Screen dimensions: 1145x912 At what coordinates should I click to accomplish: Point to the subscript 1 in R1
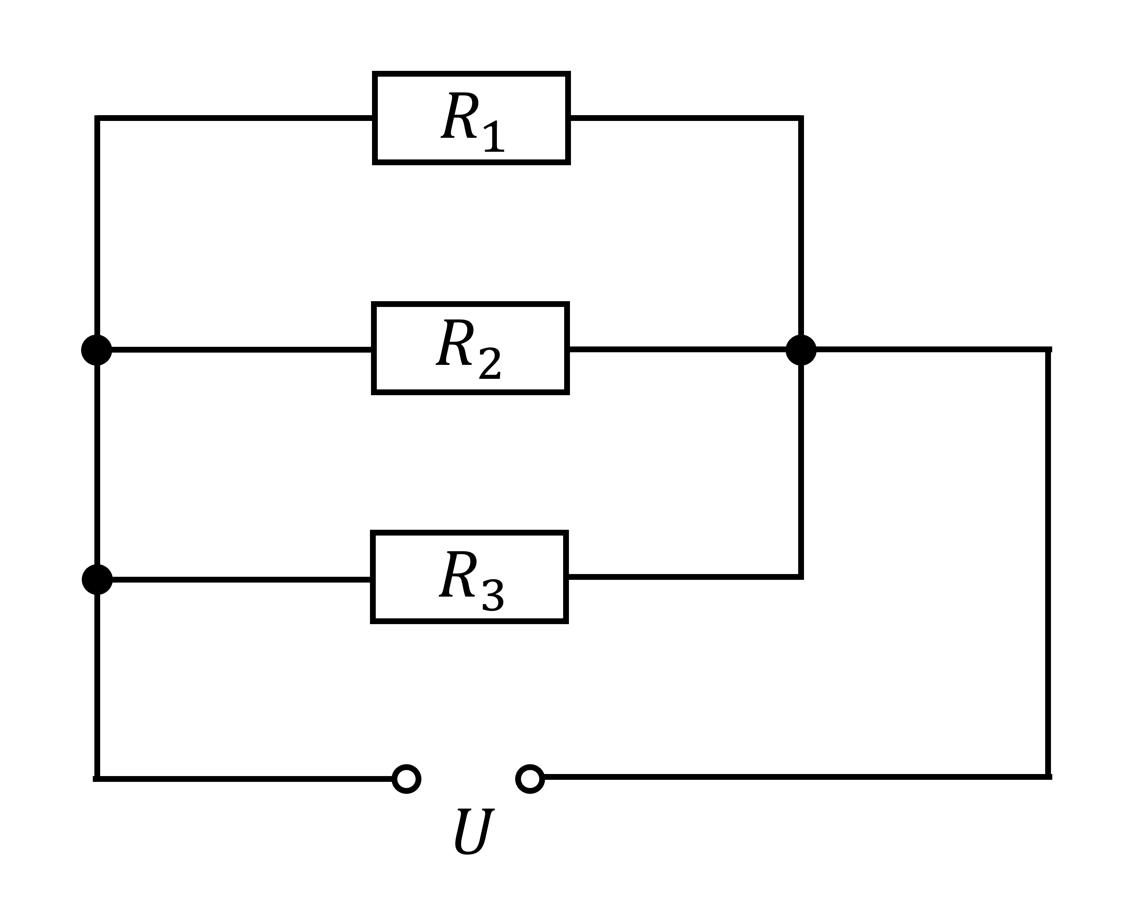tap(494, 137)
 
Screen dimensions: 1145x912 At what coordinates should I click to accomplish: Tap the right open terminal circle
tap(530, 779)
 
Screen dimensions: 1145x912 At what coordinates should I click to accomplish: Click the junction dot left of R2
tap(97, 350)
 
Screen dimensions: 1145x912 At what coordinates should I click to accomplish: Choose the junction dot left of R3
tap(97, 579)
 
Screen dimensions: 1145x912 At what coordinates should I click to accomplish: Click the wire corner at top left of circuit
tap(97, 118)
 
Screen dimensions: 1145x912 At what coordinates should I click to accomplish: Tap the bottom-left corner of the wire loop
tap(97, 779)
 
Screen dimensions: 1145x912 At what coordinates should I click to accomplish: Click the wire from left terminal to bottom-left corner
tap(243, 779)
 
